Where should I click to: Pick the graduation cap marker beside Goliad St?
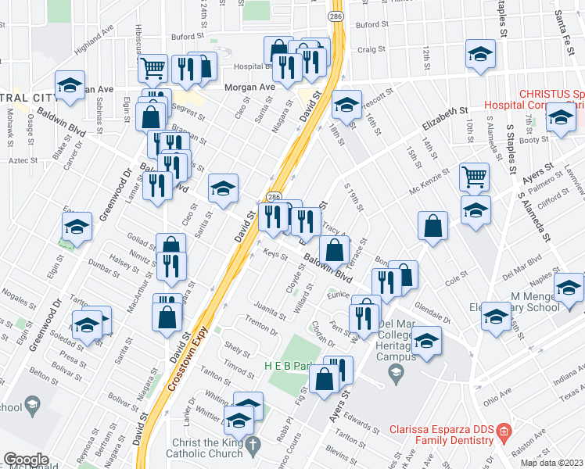(77, 227)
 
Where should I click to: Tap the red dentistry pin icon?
(504, 431)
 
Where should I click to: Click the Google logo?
(26, 460)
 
